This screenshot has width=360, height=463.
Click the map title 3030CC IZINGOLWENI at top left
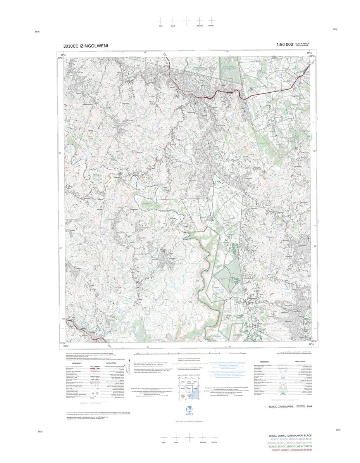pyautogui.click(x=86, y=46)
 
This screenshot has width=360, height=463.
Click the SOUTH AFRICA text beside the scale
pyautogui.click(x=302, y=43)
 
